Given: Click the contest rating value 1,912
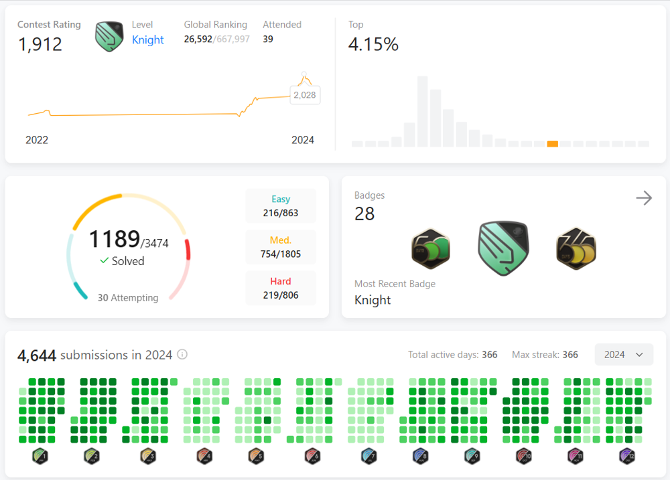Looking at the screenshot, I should [x=40, y=44].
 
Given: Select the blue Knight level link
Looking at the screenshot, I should [x=147, y=39].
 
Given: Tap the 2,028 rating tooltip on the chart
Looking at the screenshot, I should [x=305, y=95].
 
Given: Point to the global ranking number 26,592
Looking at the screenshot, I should [x=198, y=39].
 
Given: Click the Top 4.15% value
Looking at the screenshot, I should [x=373, y=45].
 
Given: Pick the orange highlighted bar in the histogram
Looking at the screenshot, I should [x=553, y=143].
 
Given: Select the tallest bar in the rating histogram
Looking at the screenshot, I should [x=423, y=111].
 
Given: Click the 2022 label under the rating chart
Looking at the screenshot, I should [x=37, y=140].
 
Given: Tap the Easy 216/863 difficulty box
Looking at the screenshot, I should [x=281, y=206].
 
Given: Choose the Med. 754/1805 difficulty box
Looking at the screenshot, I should [x=281, y=247].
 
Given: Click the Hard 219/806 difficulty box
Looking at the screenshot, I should [x=281, y=288].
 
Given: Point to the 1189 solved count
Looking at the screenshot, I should [x=114, y=239].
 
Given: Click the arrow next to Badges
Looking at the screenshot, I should [x=644, y=197].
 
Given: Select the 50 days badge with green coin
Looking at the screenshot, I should [x=430, y=248].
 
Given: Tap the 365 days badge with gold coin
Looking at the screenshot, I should [x=576, y=248].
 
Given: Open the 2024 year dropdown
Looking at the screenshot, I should [x=623, y=355].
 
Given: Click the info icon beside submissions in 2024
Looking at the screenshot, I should [x=182, y=355].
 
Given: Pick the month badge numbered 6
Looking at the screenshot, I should [x=312, y=457].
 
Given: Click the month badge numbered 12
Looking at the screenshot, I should [x=626, y=457].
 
